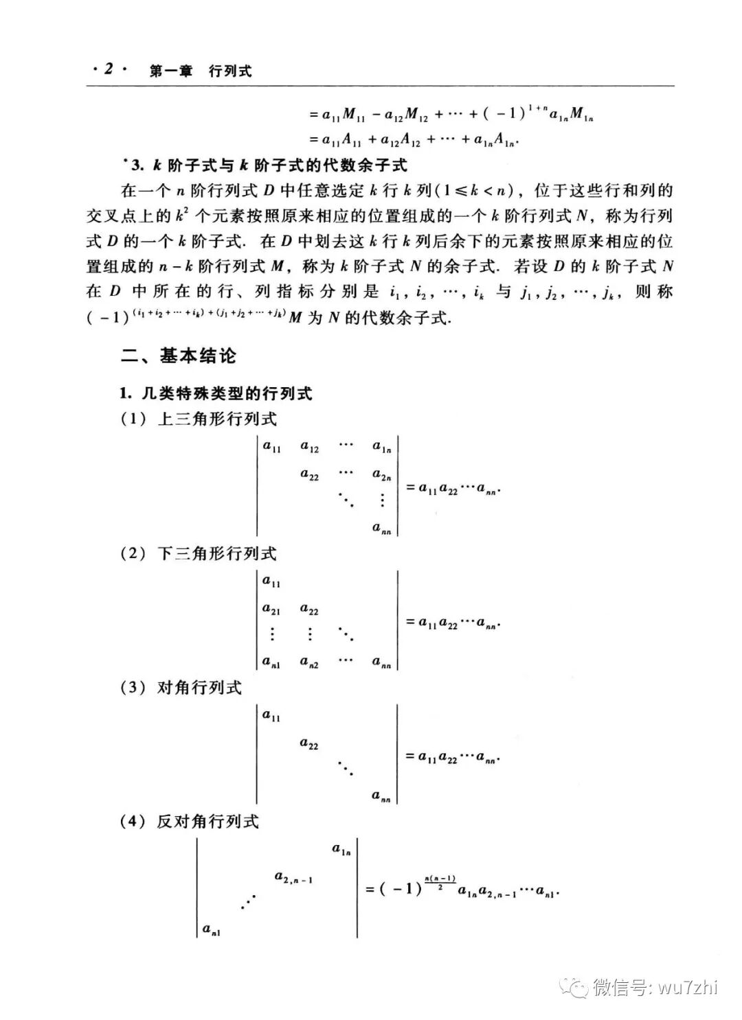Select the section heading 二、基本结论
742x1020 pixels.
tap(179, 356)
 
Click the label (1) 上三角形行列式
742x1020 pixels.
tap(199, 419)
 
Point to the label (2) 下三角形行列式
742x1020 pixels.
tap(199, 553)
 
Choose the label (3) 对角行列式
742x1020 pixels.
tap(182, 687)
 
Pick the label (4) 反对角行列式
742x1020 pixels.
tap(190, 821)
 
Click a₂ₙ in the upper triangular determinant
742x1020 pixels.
tap(382, 475)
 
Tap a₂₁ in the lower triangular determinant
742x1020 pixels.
tap(271, 610)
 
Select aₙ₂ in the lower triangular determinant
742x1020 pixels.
tap(309, 662)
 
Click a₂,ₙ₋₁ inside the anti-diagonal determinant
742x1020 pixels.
tap(293, 877)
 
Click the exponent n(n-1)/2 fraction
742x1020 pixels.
tap(440, 882)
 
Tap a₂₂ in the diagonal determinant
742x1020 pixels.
tap(309, 744)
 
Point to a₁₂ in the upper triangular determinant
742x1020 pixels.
tap(310, 448)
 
